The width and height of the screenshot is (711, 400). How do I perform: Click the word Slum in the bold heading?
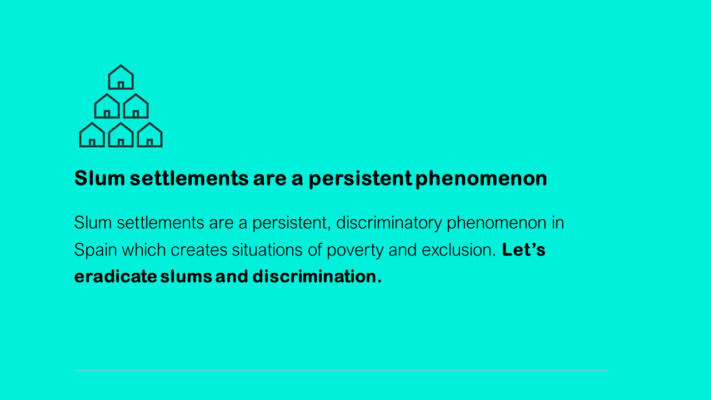(99, 178)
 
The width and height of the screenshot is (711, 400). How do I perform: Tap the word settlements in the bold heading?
(189, 178)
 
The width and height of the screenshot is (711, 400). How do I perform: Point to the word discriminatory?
(389, 223)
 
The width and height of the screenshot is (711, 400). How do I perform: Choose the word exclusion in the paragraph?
(459, 250)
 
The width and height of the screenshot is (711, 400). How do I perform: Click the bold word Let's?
(524, 249)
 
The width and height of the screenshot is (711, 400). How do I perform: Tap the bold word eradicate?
(116, 276)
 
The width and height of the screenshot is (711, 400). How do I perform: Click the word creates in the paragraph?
(199, 251)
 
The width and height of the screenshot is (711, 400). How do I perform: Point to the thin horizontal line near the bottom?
(342, 371)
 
